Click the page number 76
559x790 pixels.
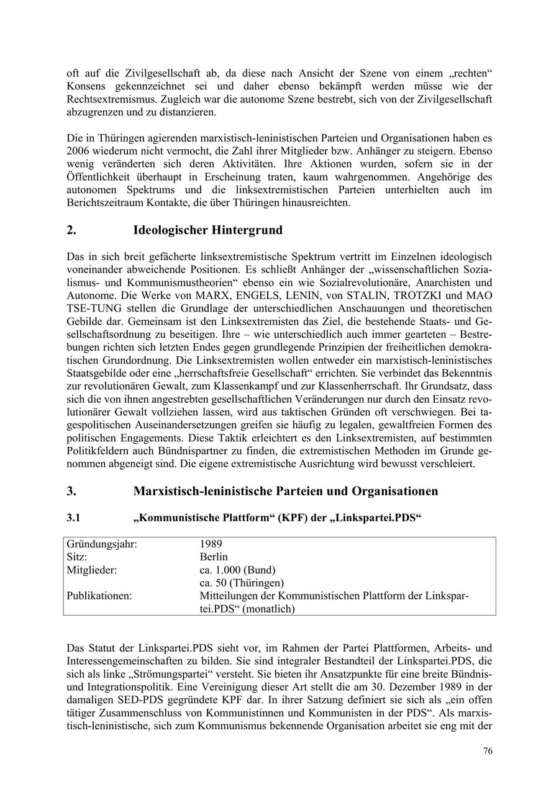pos(488,751)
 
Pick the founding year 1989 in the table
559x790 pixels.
pos(211,544)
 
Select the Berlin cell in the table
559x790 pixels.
pos(214,557)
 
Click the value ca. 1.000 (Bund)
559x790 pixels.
pos(237,570)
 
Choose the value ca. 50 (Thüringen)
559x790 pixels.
pos(242,583)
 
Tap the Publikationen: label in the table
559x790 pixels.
pos(99,596)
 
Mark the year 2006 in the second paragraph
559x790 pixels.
pos(79,151)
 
